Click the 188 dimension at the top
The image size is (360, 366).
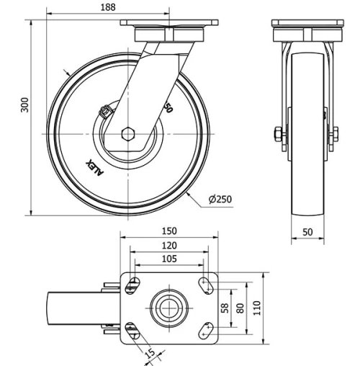[x=109, y=7]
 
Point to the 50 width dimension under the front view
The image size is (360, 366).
[x=308, y=231]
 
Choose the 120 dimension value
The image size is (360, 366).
[x=168, y=246]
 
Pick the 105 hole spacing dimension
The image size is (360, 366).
[x=168, y=259]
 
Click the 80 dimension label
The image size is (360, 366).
[x=241, y=308]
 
